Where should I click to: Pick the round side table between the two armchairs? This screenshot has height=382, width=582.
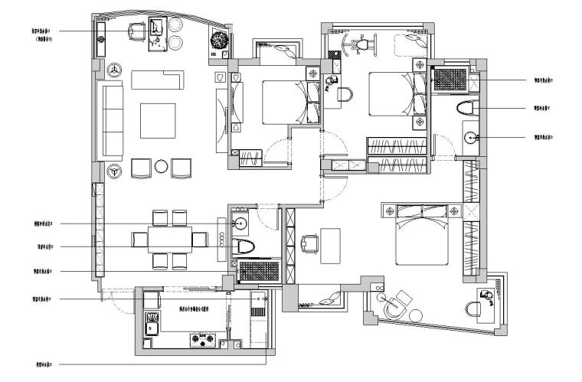coord(162,167)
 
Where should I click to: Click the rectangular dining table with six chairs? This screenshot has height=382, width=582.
coord(168,240)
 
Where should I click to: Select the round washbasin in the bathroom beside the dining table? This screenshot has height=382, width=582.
coord(240,224)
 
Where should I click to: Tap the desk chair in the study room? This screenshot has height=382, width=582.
coord(310,243)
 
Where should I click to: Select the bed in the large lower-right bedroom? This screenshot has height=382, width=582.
coord(420,237)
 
